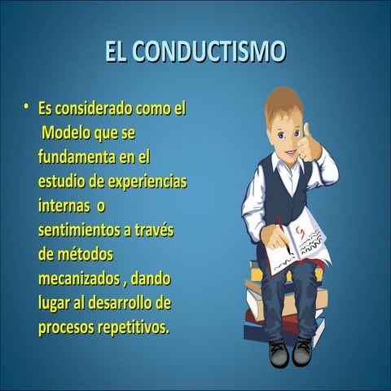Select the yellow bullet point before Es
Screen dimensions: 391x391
click(x=27, y=106)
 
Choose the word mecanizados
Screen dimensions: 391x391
click(x=80, y=279)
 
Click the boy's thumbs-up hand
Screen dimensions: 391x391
click(x=310, y=145)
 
